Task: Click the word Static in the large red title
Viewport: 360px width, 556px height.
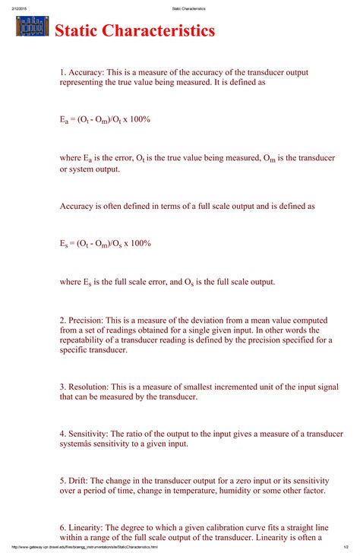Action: tap(77, 31)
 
